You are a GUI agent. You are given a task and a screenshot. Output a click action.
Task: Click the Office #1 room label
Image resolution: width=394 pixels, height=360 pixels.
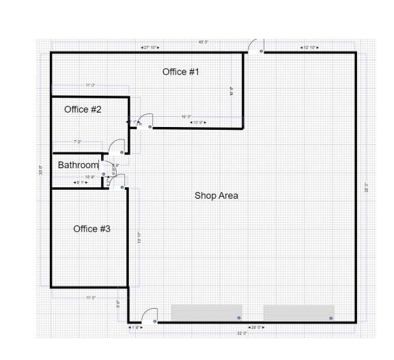coord(180,72)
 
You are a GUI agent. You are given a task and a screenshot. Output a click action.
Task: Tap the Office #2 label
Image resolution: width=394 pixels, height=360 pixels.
coord(83,109)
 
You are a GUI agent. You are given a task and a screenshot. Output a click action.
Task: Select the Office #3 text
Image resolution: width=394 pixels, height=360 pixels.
coord(92,229)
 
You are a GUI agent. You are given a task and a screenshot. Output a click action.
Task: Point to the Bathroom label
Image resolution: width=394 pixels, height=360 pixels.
coord(78,165)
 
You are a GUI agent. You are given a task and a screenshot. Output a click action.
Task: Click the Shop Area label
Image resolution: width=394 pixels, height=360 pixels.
coord(216,196)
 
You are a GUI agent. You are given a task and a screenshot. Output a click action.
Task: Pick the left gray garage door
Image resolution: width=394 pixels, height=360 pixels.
coord(206,313)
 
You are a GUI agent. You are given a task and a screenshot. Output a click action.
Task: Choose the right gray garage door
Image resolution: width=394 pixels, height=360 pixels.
coord(298,313)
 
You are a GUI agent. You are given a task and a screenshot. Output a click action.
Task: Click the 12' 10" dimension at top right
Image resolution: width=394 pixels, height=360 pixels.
coord(309,47)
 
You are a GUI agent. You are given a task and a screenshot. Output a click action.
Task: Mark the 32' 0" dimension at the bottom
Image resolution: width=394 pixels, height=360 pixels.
coord(241,333)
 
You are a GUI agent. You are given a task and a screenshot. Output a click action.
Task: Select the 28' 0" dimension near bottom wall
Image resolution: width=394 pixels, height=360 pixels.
coord(257,328)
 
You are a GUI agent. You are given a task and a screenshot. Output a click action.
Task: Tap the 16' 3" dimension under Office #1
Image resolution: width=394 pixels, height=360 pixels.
coord(185,117)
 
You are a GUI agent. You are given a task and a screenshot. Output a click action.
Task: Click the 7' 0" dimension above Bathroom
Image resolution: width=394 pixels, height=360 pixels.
coord(78,141)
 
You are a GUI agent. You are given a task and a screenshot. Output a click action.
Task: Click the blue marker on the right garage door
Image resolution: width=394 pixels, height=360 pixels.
coord(331,318)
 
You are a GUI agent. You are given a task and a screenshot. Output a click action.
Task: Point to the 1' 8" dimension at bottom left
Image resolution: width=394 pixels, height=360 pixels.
coord(135,328)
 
